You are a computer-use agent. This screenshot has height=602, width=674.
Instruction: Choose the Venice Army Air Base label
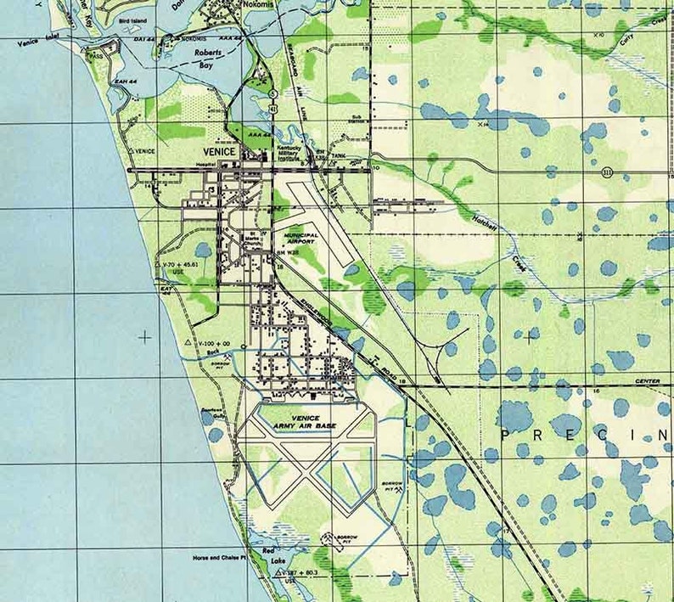[x=302, y=420]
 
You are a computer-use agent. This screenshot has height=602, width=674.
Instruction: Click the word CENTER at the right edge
[x=647, y=381]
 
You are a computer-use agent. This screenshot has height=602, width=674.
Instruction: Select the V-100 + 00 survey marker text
[x=215, y=342]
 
